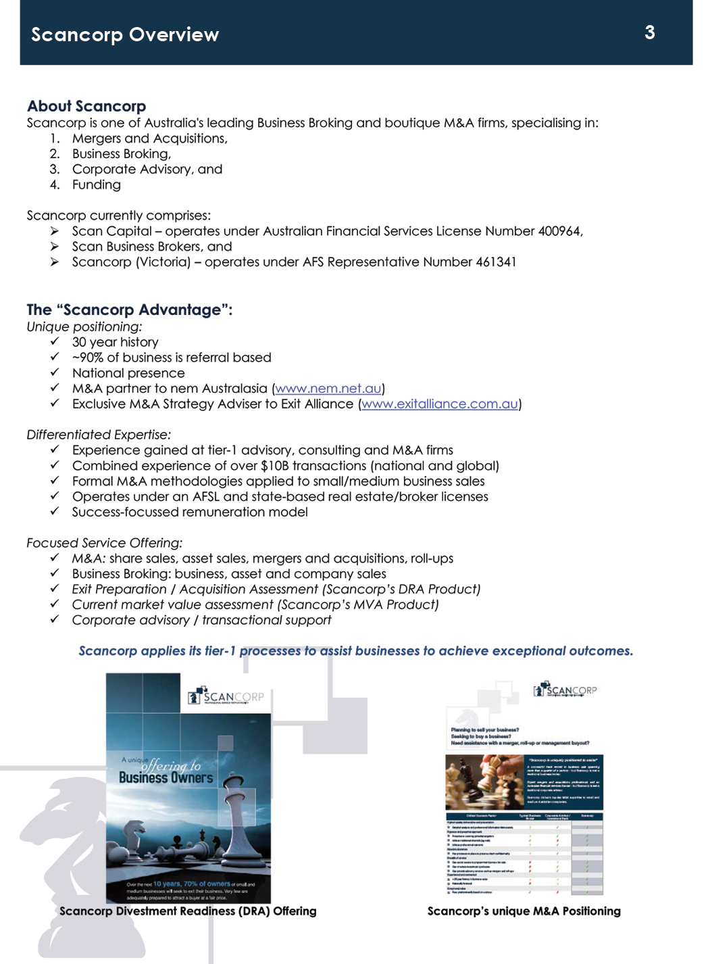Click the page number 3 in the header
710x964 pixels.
[649, 32]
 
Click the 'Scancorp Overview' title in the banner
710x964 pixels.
[125, 34]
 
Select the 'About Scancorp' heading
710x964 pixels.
[86, 106]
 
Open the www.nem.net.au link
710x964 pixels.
[328, 389]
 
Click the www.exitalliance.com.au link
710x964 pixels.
[440, 404]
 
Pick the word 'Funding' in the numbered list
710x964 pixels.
[97, 185]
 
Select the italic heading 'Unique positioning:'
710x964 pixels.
[84, 327]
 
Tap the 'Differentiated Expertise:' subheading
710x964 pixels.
[99, 435]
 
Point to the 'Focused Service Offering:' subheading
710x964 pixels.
[104, 543]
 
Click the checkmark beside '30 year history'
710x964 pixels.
[55, 341]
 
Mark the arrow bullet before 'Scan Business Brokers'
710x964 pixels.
[55, 247]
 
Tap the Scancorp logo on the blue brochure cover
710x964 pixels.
[226, 696]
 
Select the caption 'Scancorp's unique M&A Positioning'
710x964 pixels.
[524, 911]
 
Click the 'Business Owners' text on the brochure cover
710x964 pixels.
[166, 778]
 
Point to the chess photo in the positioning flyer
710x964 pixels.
[484, 781]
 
